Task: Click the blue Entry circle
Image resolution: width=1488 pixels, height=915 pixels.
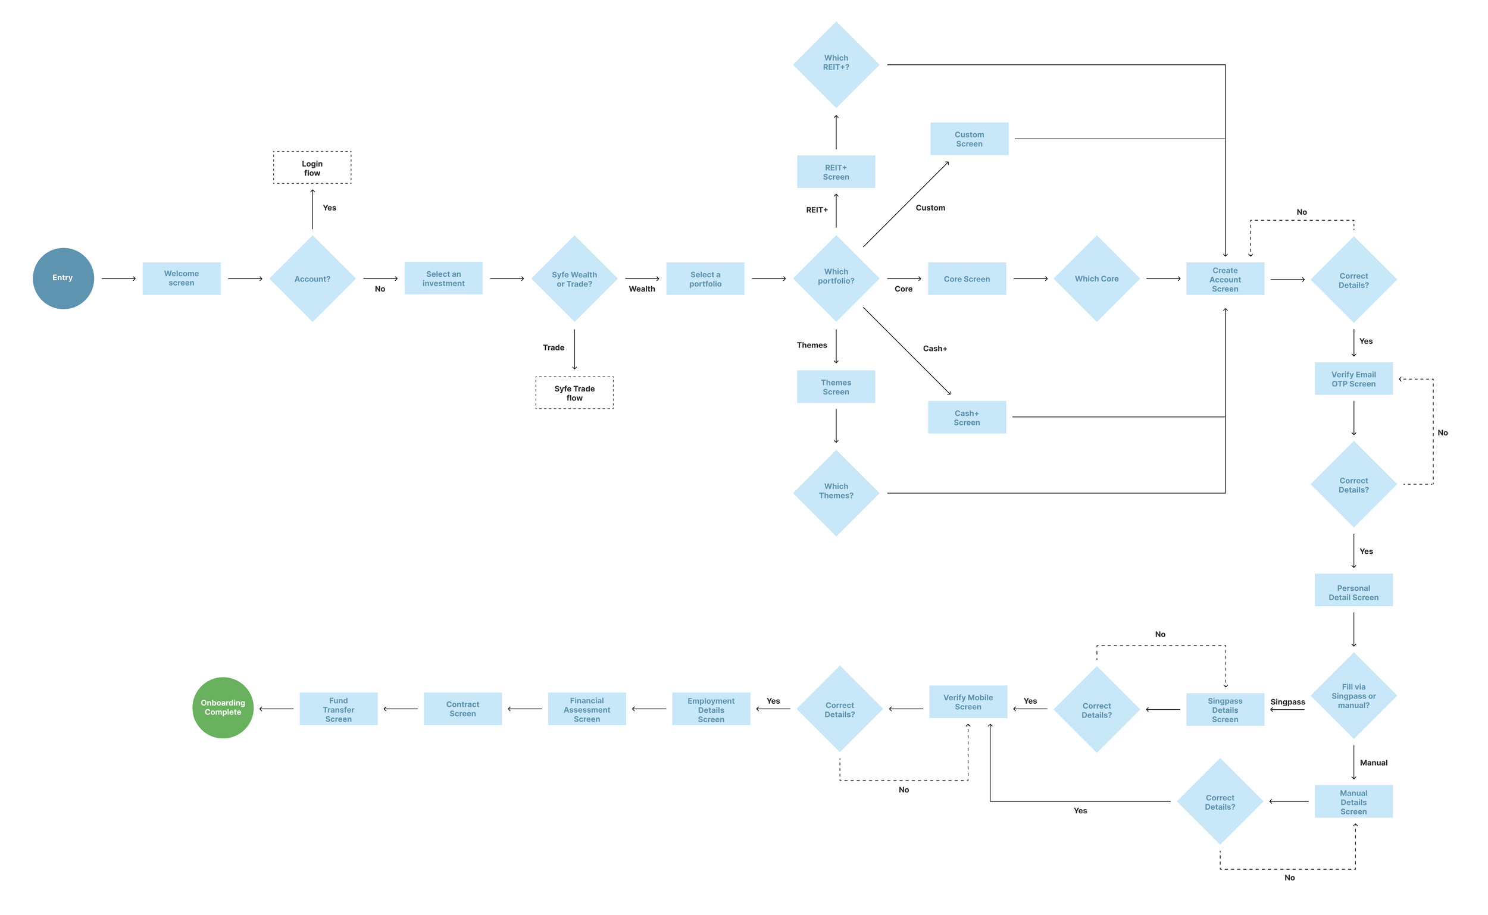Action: [x=63, y=278]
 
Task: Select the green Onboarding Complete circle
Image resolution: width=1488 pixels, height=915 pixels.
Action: [x=223, y=707]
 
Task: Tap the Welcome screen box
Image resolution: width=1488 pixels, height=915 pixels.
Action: [x=181, y=278]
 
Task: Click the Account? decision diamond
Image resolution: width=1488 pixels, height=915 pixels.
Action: [x=312, y=278]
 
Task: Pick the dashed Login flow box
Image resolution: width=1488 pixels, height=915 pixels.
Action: [x=312, y=168]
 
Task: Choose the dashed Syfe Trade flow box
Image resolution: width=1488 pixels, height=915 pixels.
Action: [x=574, y=393]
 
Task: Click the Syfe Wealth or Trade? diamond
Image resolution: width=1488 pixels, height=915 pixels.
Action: [x=574, y=278]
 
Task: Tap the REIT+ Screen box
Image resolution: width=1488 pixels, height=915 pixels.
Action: [x=836, y=172]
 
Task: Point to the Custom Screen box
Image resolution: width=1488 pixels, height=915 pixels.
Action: [x=969, y=139]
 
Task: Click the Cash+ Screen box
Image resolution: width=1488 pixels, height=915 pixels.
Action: [x=967, y=418]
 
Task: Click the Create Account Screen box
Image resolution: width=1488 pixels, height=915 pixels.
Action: [x=1225, y=279]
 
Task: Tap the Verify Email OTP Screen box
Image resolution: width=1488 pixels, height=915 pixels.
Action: [x=1353, y=379]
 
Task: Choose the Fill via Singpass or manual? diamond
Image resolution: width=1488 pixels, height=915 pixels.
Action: [x=1353, y=695]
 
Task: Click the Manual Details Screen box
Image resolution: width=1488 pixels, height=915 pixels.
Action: [x=1353, y=801]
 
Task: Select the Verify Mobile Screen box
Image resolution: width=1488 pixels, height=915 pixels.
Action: [x=968, y=702]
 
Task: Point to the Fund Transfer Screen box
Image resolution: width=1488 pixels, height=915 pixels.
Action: [x=339, y=709]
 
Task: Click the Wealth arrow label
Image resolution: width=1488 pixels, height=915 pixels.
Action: [x=642, y=289]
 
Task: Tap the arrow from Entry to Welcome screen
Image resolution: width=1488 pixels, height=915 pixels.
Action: [x=118, y=279]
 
